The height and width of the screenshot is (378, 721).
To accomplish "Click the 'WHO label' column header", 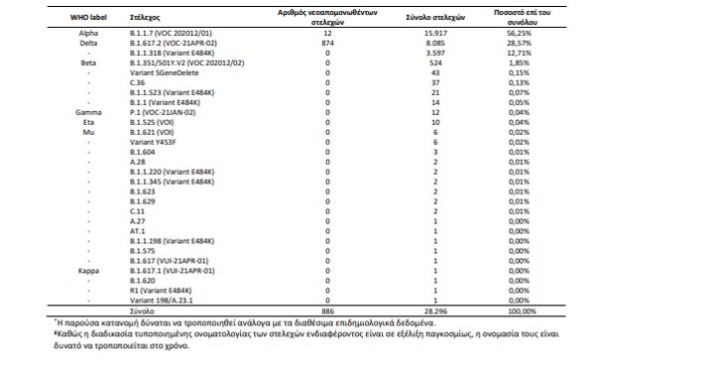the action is (x=88, y=18).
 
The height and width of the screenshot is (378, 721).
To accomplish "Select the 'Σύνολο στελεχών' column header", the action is (x=435, y=18).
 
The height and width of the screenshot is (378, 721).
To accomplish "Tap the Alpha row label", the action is (x=88, y=33).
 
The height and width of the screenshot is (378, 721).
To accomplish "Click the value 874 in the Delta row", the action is (x=327, y=44).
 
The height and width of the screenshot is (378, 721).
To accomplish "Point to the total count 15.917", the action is (x=435, y=33).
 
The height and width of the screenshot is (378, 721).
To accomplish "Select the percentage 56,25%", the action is (x=520, y=33).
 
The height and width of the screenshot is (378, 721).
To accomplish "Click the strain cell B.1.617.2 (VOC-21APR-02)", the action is (x=174, y=44).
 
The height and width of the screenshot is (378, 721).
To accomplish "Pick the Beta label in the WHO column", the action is (x=88, y=63).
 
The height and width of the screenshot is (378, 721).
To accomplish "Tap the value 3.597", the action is (x=435, y=53).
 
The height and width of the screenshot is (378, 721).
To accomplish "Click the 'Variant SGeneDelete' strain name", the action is (x=165, y=73).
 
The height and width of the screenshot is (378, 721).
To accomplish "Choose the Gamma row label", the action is (x=88, y=113).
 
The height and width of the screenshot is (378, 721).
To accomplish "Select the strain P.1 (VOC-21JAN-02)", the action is (x=163, y=113).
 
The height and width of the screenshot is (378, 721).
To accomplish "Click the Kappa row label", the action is (x=88, y=271).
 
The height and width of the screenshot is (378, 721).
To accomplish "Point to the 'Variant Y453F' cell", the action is (x=153, y=142).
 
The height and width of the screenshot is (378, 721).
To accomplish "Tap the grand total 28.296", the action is (x=435, y=312).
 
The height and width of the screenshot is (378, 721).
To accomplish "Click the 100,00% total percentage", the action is (x=523, y=312).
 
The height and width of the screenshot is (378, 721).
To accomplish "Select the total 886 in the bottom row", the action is (x=327, y=312).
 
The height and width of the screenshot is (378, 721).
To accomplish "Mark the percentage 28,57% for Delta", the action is (x=520, y=44).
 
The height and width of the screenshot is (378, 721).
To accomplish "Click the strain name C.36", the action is (x=137, y=82).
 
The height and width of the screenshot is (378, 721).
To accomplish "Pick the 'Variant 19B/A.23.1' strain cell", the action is (x=162, y=301).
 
